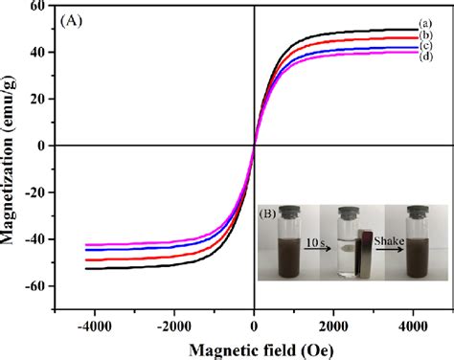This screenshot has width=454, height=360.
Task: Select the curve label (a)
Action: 425,23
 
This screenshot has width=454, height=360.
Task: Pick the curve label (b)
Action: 425,35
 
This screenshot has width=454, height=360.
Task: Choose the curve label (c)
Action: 425,47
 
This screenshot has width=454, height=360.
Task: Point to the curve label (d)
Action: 425,58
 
